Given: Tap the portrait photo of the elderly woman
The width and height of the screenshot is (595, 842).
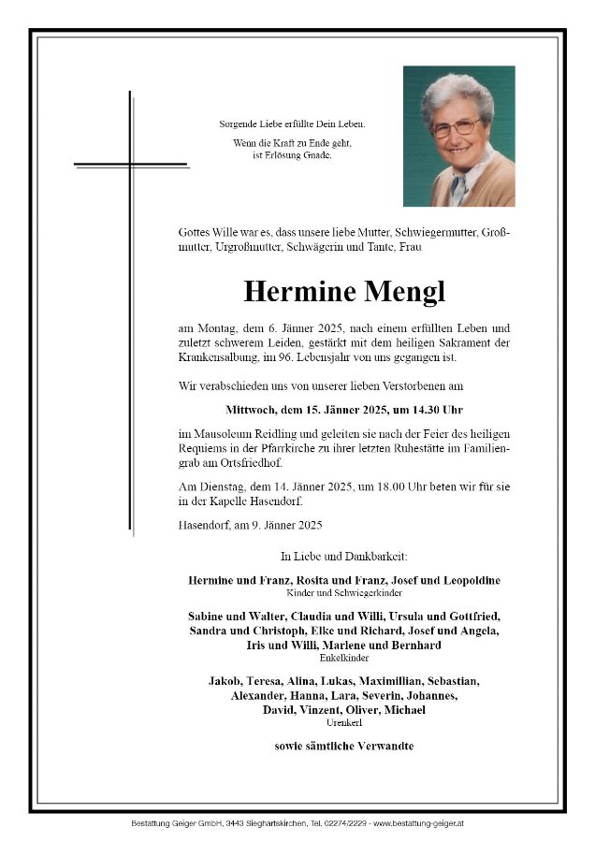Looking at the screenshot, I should [x=458, y=137].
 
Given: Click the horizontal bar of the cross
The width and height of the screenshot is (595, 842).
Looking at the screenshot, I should [x=144, y=166].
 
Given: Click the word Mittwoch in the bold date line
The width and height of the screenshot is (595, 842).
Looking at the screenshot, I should [x=253, y=409].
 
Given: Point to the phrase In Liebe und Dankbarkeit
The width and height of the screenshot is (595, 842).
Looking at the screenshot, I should [x=344, y=558].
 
